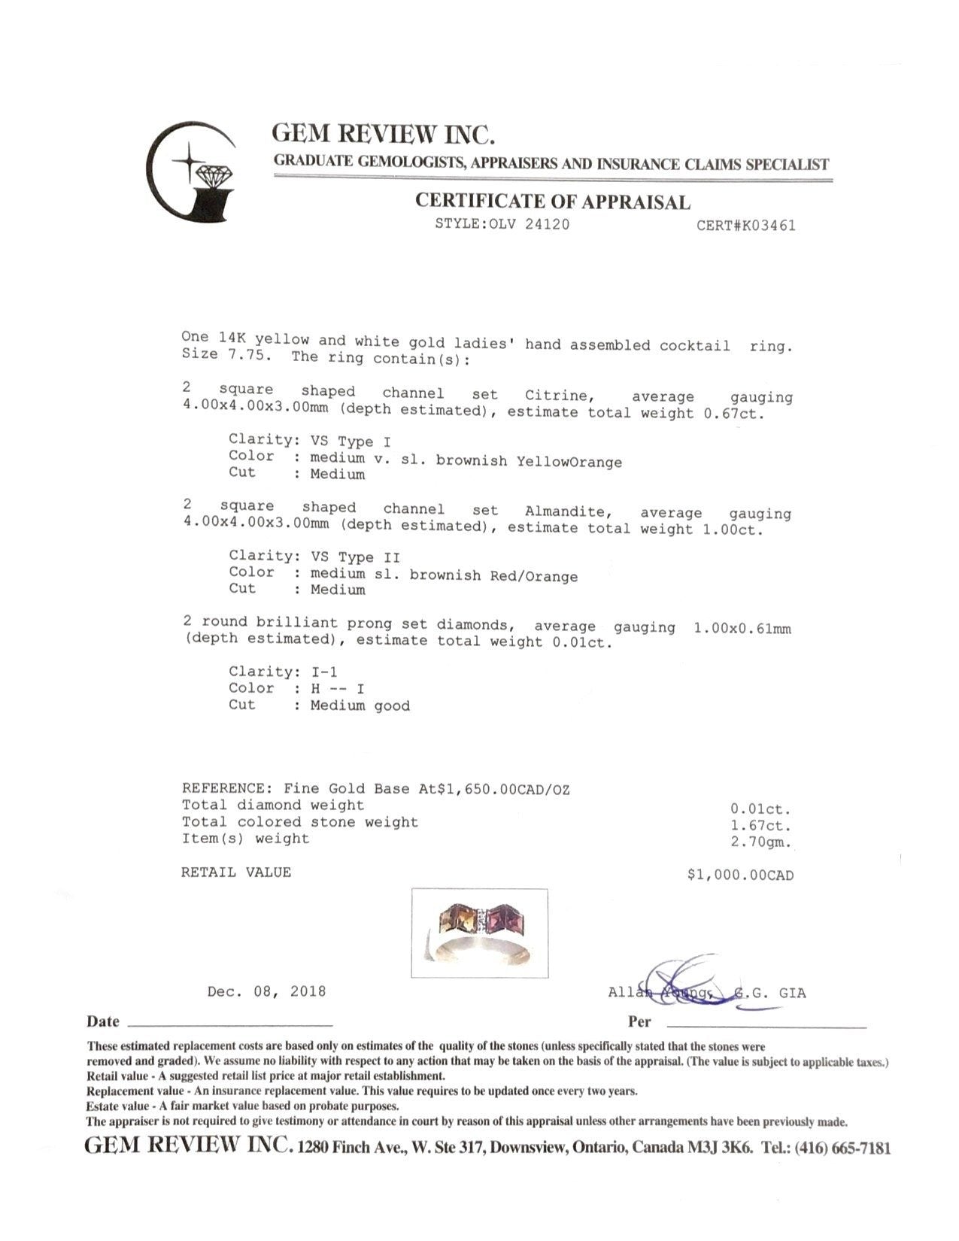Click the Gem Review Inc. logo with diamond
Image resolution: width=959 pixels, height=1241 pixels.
(191, 171)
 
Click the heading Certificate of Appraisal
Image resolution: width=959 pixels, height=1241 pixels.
(553, 202)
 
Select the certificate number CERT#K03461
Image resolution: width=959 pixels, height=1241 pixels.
(745, 225)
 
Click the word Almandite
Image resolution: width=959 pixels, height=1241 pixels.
(565, 511)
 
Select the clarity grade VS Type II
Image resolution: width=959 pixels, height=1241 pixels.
(355, 557)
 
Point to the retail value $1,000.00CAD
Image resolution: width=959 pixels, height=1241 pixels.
(740, 875)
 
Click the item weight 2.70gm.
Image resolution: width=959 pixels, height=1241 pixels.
(761, 842)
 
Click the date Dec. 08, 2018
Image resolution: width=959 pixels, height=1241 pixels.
(266, 991)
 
